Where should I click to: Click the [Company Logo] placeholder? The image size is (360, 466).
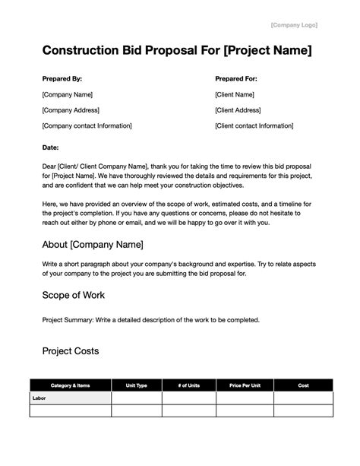[x=294, y=25]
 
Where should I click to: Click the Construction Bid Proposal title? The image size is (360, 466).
[x=177, y=51]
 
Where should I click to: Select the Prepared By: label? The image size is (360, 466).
[x=62, y=78]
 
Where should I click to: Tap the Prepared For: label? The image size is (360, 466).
[x=237, y=78]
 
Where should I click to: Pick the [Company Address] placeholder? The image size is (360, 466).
[x=71, y=110]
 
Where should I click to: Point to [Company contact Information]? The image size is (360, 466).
[x=87, y=125]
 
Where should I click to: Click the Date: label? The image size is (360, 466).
[x=51, y=147]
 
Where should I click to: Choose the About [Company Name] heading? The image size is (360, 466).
[x=93, y=245]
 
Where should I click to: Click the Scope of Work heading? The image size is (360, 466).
[x=74, y=294]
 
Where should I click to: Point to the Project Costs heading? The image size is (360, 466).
[x=71, y=351]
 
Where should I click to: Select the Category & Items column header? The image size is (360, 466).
[x=70, y=385]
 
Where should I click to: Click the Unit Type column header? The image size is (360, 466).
[x=146, y=385]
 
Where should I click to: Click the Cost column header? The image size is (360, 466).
[x=303, y=385]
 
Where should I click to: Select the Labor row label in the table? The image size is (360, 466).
[x=39, y=398]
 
